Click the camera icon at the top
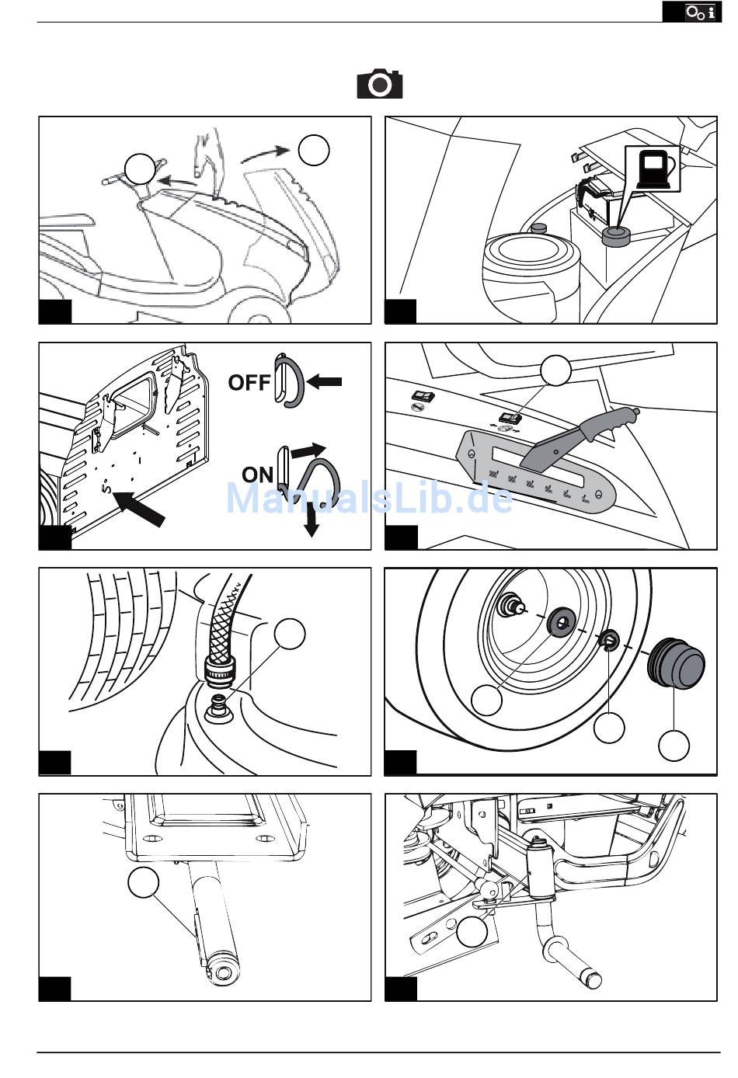(x=380, y=84)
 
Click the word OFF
(x=249, y=382)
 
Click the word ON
(x=257, y=474)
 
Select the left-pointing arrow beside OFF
(x=324, y=381)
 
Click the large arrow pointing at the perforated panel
(x=141, y=508)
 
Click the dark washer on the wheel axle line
(x=559, y=621)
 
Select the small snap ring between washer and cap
(x=609, y=640)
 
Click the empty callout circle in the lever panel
(x=556, y=371)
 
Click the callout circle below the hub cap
(x=674, y=746)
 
